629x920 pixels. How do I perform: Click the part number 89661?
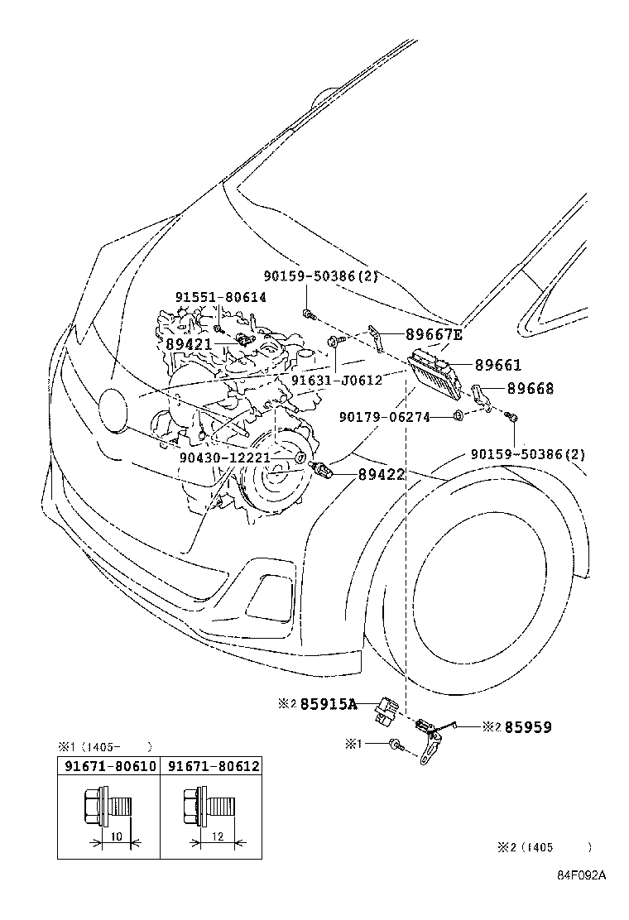(498, 365)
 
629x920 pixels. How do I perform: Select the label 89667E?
(434, 334)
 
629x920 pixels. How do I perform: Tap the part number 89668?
(531, 388)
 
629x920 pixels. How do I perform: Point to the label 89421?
(190, 343)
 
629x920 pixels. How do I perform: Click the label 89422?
(382, 474)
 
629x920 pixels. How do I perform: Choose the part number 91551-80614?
(220, 297)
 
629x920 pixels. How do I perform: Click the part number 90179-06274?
(384, 417)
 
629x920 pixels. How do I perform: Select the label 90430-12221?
(224, 457)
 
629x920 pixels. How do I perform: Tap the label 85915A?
(328, 704)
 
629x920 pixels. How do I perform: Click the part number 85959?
(528, 727)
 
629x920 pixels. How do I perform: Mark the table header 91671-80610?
(109, 767)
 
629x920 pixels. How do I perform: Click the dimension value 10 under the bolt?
(116, 837)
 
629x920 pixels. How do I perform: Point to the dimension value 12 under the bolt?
(217, 837)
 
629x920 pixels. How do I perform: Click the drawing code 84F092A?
(580, 899)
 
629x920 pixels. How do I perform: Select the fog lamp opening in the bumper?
(266, 593)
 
